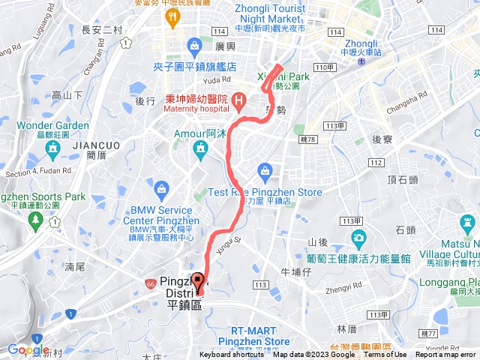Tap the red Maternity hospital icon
click(x=238, y=98)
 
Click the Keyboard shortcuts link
click(x=232, y=355)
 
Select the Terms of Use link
click(x=386, y=355)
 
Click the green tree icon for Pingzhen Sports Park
click(x=34, y=220)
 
